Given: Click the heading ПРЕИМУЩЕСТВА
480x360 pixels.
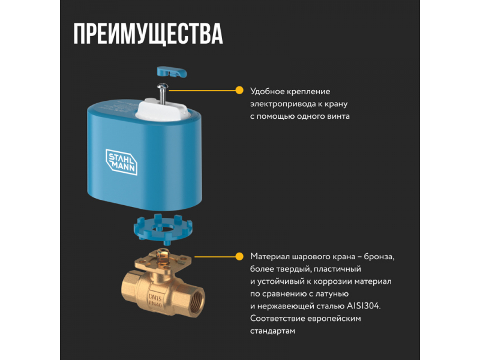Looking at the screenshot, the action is pos(148,34).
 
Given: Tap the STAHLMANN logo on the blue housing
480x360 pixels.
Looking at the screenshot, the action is pos(122,162).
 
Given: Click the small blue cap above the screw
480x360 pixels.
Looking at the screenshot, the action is pos(172,72).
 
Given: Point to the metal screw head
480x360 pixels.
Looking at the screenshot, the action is pos(163,86).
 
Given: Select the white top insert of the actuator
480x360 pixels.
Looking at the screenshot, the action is pos(162,109).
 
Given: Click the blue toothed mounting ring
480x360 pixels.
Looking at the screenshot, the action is pos(163,230).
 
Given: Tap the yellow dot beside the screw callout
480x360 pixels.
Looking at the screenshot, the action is pos(239,91).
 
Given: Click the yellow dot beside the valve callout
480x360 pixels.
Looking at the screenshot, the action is pos(239,257).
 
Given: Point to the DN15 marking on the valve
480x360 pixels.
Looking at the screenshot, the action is pos(155,297).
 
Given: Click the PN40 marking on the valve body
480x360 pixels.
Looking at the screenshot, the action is pos(155,304).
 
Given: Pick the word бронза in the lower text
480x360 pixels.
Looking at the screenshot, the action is pos(379,257).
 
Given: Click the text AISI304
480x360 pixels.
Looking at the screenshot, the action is pos(364,306).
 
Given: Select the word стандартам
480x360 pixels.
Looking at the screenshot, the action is pos(272,331).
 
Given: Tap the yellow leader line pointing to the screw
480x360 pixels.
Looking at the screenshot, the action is pos(202,91).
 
